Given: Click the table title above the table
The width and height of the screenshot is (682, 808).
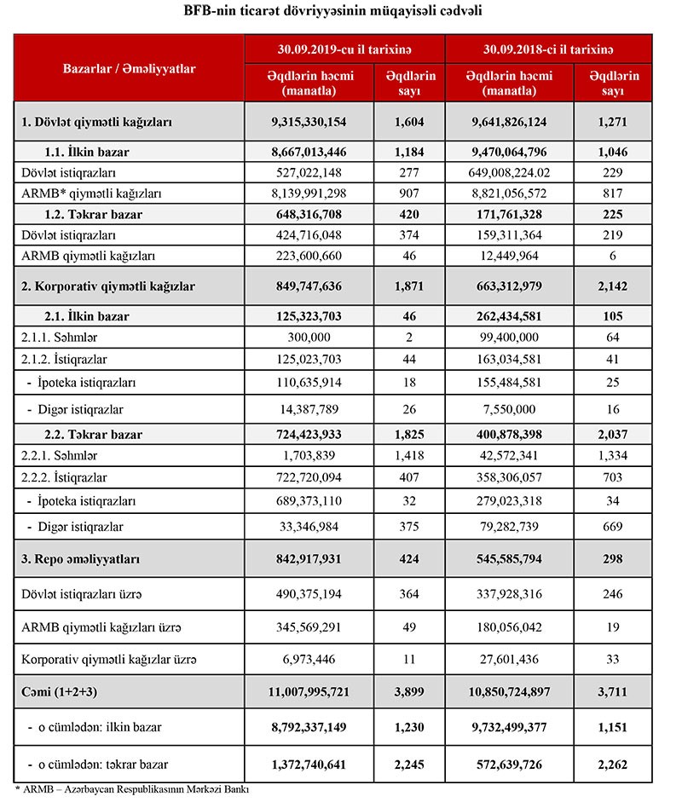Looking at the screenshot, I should tap(341, 12).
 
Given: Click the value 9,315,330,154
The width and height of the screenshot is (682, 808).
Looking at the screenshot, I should tap(308, 123).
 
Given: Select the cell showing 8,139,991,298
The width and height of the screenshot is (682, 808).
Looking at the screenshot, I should tap(308, 193).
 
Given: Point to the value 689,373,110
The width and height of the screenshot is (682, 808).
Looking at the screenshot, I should tap(308, 499).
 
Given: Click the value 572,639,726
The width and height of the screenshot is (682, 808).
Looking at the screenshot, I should tap(508, 764).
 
